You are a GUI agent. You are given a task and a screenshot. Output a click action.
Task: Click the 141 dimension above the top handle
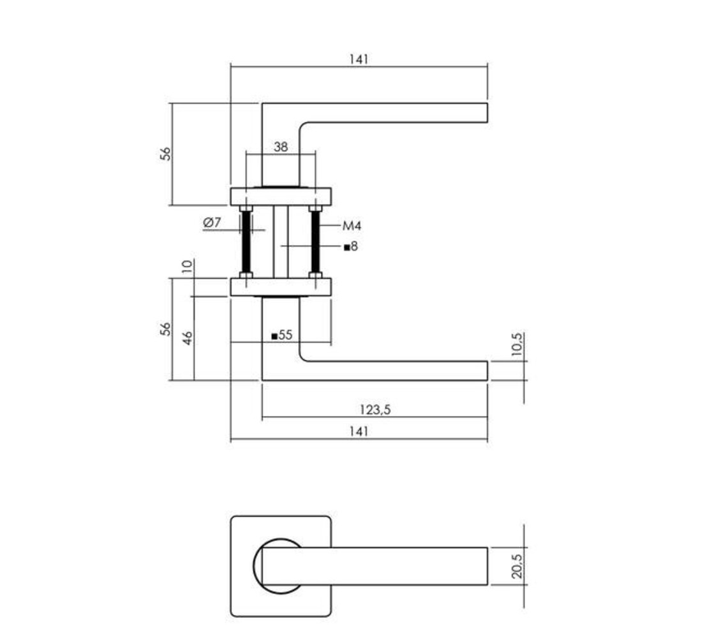tap(359, 59)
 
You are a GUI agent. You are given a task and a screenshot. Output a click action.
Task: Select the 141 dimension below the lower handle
tap(359, 432)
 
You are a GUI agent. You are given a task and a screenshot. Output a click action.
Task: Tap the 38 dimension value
tap(281, 147)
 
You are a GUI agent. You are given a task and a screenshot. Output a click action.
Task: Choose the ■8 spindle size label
tap(350, 246)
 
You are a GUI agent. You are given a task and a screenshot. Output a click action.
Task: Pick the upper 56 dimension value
tap(166, 154)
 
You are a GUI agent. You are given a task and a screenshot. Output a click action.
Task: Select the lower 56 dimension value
tap(166, 329)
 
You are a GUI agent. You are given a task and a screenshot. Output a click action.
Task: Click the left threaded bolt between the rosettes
tap(246, 242)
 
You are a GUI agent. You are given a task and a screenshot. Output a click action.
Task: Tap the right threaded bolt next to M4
tap(315, 242)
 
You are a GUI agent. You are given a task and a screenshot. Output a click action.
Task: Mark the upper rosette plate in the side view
tap(281, 196)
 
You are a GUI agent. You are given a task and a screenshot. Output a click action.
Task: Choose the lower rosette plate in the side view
tap(281, 287)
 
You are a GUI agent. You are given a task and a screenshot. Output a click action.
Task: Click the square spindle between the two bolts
tap(281, 242)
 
